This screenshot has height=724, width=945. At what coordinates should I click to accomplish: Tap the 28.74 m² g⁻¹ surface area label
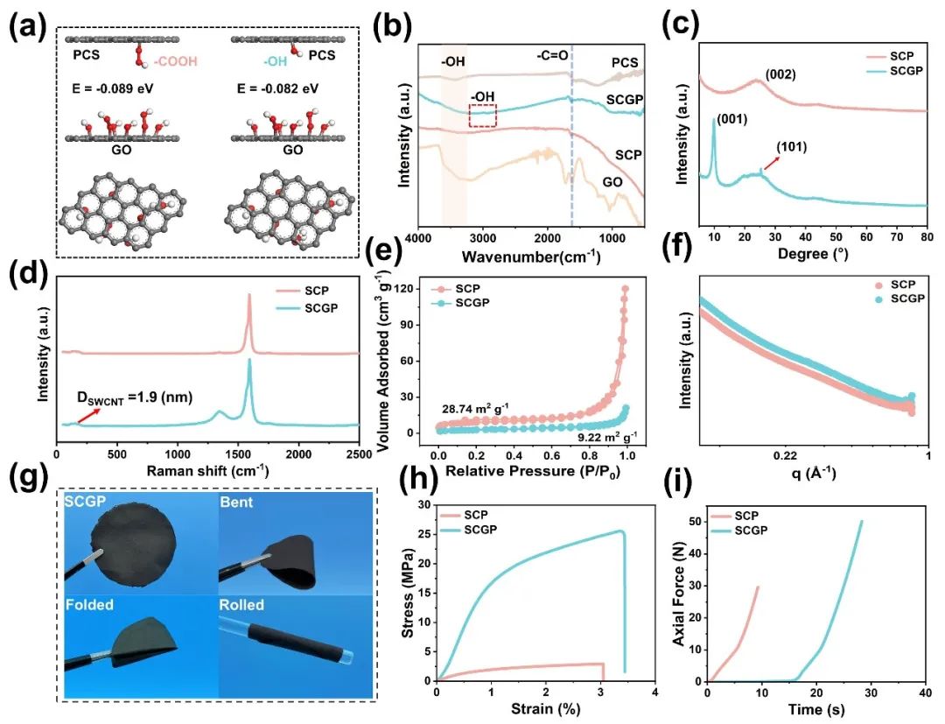[x=475, y=408]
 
